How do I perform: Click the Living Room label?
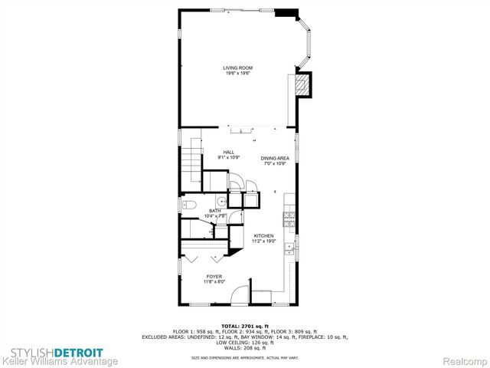tap(238, 68)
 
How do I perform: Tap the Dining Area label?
tap(274, 159)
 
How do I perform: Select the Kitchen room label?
tap(263, 236)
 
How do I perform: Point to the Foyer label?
tap(214, 276)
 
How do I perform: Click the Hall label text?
tap(228, 152)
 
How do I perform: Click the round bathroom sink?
tap(220, 202)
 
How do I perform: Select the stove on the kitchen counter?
tap(289, 221)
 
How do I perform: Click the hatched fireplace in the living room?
tap(303, 84)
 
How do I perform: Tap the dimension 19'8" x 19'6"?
tap(238, 74)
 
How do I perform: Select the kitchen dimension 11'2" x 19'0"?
tap(263, 242)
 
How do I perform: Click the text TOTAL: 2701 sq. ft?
tap(245, 326)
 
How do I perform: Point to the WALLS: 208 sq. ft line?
tap(245, 349)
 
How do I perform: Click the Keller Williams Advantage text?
tap(59, 361)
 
